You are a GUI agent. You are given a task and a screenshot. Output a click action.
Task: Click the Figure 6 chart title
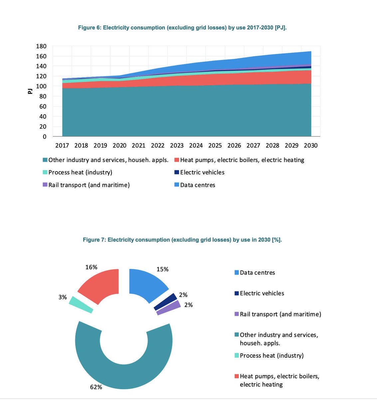[x=182, y=28]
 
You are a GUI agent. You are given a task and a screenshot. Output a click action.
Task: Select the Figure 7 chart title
[x=182, y=240]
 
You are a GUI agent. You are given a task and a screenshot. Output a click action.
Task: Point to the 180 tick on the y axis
[x=41, y=46]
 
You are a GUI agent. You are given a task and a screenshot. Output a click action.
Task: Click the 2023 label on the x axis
[x=177, y=145]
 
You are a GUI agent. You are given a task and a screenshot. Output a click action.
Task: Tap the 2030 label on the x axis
[x=311, y=145]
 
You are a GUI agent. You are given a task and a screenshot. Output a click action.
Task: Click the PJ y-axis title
[x=30, y=91]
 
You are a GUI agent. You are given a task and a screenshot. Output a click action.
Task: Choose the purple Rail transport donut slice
[x=169, y=308]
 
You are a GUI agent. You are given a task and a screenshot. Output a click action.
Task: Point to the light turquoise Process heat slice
[x=81, y=304]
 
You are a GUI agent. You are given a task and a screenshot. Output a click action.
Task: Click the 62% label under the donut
[x=96, y=387]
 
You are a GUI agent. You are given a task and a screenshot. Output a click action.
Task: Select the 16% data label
[x=91, y=267]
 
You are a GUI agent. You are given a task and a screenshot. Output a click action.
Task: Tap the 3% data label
[x=63, y=297]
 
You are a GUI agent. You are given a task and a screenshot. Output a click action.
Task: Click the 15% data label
[x=162, y=269]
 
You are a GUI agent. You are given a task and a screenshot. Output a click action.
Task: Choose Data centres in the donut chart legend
[x=257, y=273]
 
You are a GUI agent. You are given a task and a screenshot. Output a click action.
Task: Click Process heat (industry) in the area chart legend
[x=80, y=172]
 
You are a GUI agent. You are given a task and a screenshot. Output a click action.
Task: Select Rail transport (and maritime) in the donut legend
[x=280, y=314]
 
